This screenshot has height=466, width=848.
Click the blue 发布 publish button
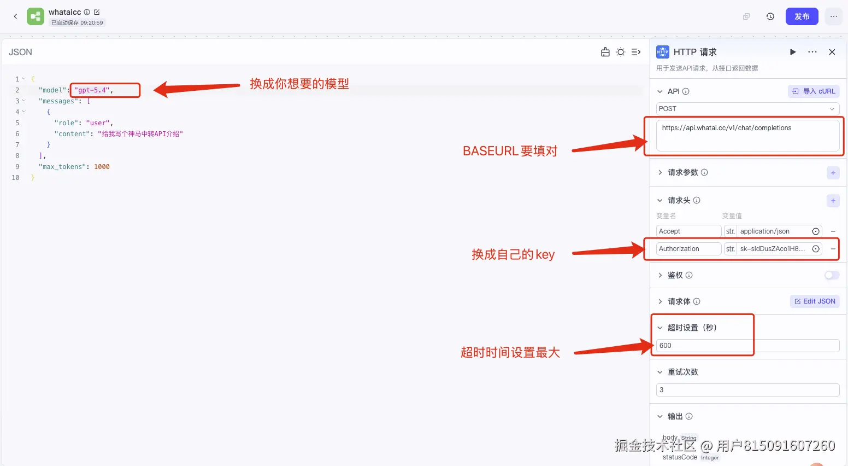click(x=802, y=16)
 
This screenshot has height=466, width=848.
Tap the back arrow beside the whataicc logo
click(x=15, y=16)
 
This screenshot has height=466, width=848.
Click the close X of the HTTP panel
click(x=832, y=52)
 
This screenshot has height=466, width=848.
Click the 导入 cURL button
click(x=814, y=91)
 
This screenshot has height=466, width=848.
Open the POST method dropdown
click(x=747, y=109)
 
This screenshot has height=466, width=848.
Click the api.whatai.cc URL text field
click(x=747, y=135)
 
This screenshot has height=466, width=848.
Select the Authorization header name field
click(x=688, y=249)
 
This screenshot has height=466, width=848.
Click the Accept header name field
click(x=688, y=231)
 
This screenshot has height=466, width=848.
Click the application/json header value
click(x=772, y=231)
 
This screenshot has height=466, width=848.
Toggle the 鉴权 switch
click(x=831, y=275)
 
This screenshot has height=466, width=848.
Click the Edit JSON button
click(x=815, y=301)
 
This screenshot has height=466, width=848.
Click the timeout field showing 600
click(x=747, y=346)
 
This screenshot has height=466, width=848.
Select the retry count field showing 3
click(x=747, y=390)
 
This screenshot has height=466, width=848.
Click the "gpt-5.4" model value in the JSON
click(x=92, y=90)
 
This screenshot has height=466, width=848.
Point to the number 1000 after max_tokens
click(x=102, y=167)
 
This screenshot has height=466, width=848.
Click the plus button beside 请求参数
click(x=833, y=173)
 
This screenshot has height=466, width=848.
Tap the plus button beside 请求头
click(x=833, y=201)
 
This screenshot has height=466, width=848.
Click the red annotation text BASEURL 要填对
click(x=510, y=151)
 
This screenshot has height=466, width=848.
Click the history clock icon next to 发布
click(x=770, y=16)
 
